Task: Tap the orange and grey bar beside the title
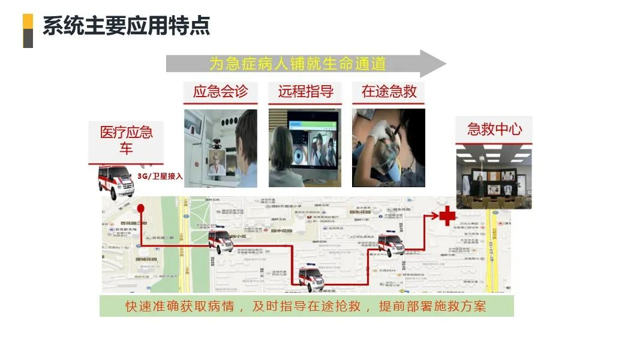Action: [28, 31]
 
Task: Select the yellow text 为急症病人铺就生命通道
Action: [297, 64]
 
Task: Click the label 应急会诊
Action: [220, 92]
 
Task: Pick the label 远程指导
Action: [305, 92]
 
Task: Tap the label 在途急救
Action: [389, 92]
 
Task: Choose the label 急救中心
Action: [494, 129]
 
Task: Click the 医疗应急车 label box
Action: [126, 140]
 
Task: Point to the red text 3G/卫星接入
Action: [160, 176]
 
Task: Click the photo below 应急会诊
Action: [220, 148]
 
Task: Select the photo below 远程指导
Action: [305, 148]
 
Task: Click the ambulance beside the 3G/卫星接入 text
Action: [116, 181]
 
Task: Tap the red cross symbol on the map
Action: [447, 215]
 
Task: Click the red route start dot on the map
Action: [141, 209]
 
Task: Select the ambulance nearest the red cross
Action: [391, 245]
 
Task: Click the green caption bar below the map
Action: [307, 306]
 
